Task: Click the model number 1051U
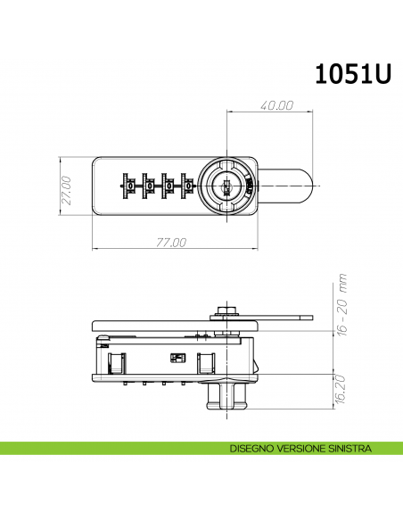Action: pos(354,74)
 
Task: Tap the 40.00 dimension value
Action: pos(276,104)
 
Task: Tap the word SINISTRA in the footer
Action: pos(345,449)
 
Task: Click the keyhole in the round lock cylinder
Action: pos(228,188)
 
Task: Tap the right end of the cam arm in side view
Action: pos(307,316)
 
